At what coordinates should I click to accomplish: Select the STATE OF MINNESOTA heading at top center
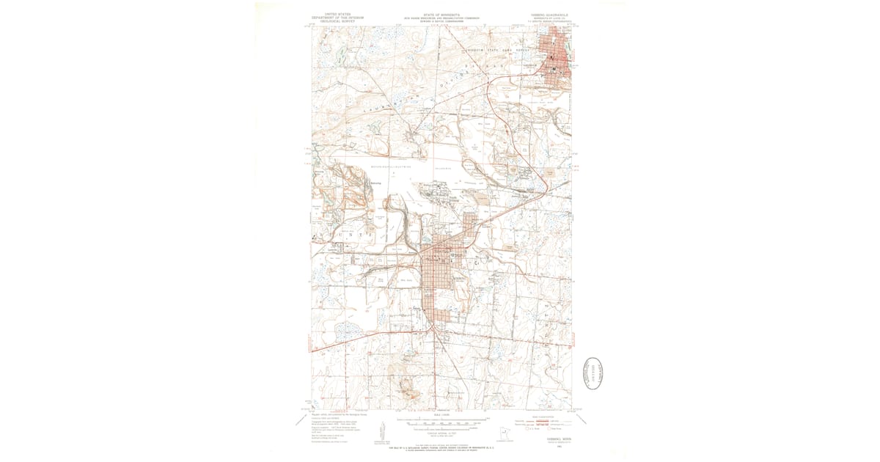point(440,12)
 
